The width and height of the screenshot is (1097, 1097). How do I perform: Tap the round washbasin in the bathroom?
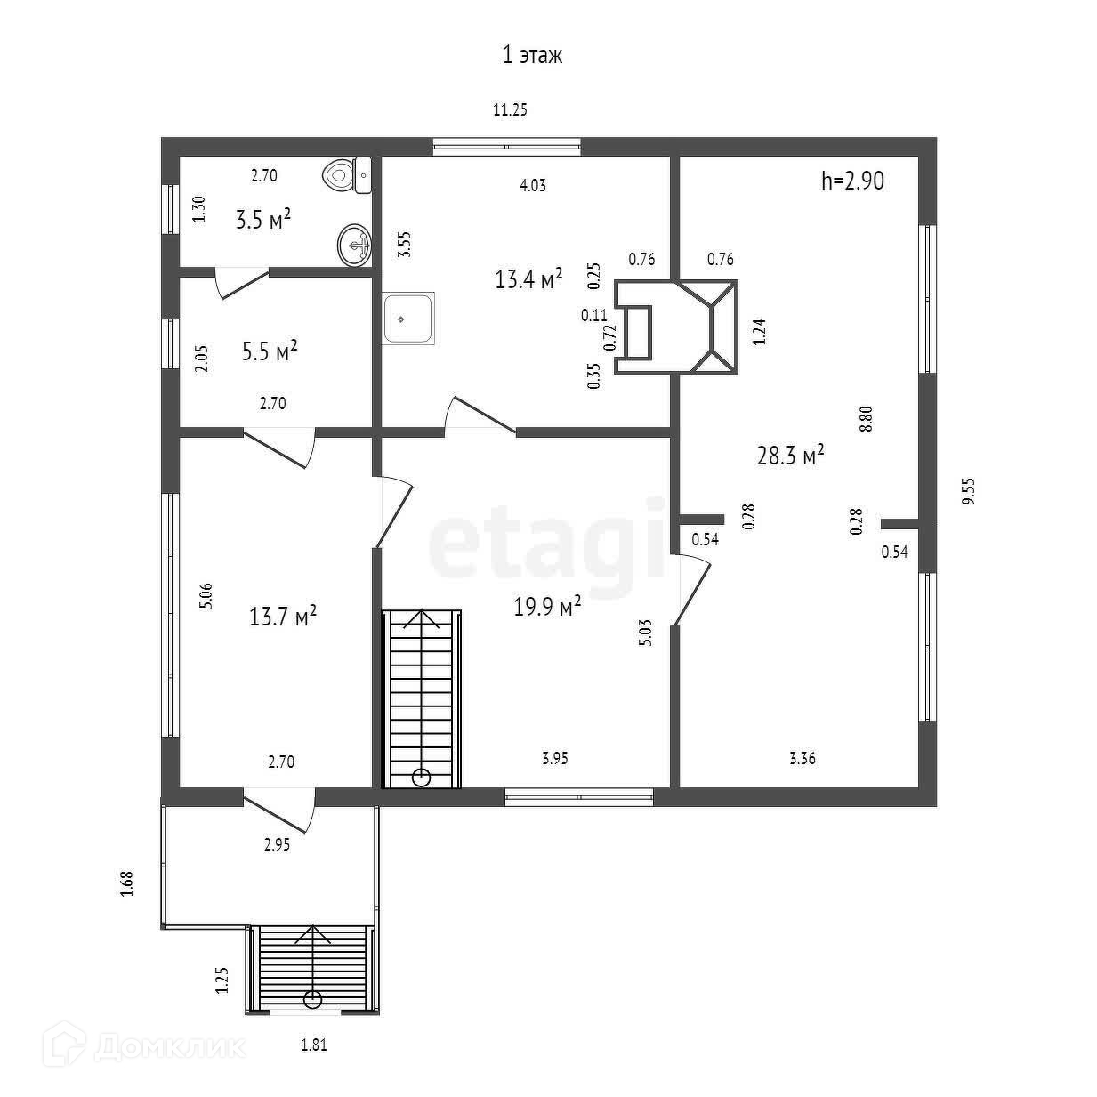point(354,243)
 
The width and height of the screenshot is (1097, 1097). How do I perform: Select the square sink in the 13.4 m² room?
point(408,318)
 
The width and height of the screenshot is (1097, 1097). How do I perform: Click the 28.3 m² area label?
point(790,456)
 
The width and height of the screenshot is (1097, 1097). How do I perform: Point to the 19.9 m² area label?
point(547,607)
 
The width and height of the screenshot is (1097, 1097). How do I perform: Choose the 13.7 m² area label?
point(283,616)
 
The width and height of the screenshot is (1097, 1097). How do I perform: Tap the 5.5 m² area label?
point(270,351)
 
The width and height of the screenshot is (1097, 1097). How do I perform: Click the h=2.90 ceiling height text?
point(852,181)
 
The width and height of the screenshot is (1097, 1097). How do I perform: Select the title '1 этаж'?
point(532,56)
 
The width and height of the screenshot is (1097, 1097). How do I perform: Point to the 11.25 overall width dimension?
point(511,110)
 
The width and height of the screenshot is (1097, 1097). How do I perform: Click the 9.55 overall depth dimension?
point(969,491)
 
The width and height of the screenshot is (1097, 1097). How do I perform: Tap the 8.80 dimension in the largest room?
point(867,418)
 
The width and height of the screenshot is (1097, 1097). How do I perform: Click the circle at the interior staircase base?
point(422,778)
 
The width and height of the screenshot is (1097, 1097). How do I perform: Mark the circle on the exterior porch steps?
point(312,998)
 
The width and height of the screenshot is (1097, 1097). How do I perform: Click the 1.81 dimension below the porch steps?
point(313,1045)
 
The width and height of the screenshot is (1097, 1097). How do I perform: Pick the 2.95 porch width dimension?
point(277,845)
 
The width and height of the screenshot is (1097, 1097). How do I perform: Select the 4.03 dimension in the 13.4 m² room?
point(532,186)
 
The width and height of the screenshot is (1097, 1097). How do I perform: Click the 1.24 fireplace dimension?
point(759,331)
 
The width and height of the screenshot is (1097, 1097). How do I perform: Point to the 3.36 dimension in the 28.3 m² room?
point(802,758)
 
